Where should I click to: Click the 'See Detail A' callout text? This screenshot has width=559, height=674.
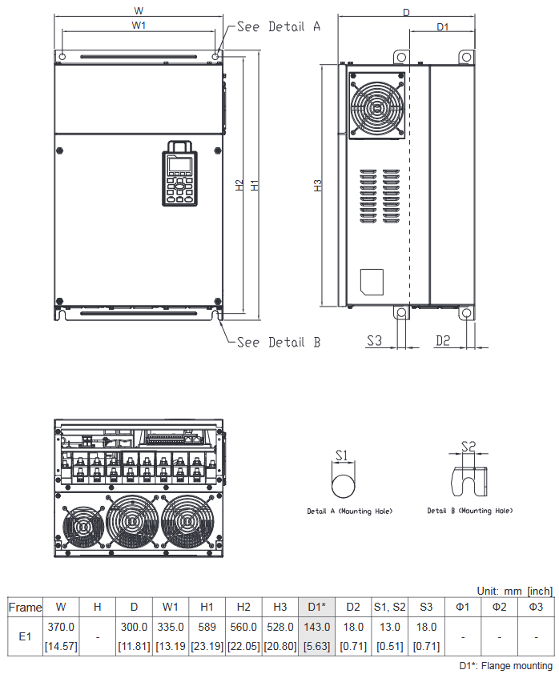pos(279,26)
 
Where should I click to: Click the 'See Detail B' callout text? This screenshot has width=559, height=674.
pos(279,342)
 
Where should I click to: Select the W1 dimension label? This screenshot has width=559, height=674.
pos(139,26)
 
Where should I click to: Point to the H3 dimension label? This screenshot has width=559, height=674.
pos(317,185)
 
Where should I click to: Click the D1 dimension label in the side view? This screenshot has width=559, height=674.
pos(442,26)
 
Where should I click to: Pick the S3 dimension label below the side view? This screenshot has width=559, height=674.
pos(374,340)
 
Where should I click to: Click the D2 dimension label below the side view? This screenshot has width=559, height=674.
pos(443,340)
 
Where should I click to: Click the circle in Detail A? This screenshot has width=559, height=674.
pos(343,485)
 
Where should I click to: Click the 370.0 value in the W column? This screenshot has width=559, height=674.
pos(61,628)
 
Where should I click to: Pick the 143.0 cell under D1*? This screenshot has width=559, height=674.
pos(316,628)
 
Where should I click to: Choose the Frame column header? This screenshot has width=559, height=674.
pos(25,608)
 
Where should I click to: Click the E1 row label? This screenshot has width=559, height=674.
pos(25,636)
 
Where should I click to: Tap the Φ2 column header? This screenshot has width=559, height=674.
pos(499,608)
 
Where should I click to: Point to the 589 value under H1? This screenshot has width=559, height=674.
pos(207,628)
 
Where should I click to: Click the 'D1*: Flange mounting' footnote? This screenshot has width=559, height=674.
pos(505,665)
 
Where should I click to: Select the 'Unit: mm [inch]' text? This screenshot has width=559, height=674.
pos(514,590)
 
